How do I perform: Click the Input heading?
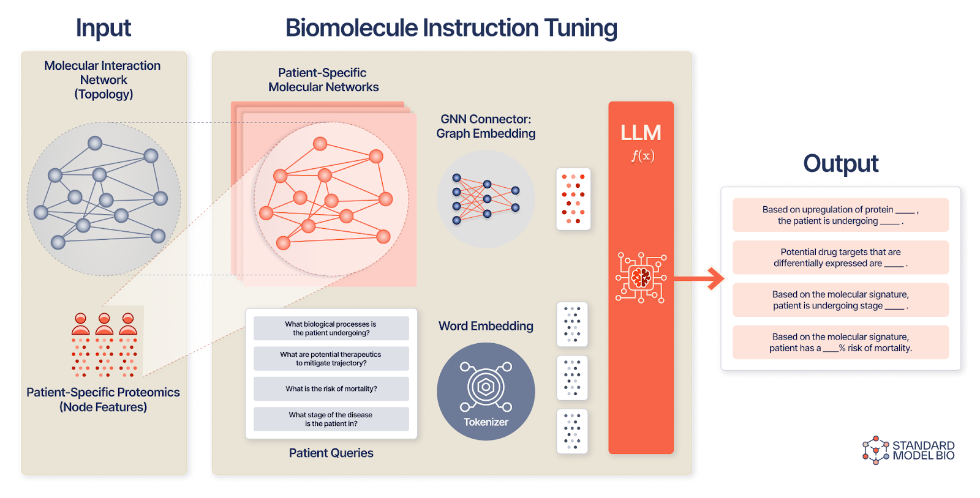(x=103, y=28)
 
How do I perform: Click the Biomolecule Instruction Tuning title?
(x=451, y=28)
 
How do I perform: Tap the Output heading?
(x=840, y=163)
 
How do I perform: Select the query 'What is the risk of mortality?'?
(x=331, y=388)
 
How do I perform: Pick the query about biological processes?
(x=331, y=329)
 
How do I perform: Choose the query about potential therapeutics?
(x=331, y=359)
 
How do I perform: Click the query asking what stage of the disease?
(x=331, y=419)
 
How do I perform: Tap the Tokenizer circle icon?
(x=486, y=391)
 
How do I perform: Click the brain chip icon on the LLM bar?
(x=641, y=277)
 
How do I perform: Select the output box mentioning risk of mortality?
(x=840, y=342)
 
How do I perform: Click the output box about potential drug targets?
(x=840, y=258)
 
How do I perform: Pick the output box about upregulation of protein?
(x=840, y=215)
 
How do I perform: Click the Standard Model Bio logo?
(x=909, y=450)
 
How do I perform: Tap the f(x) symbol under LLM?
(x=643, y=156)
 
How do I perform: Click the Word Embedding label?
(x=486, y=326)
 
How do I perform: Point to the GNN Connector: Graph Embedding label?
(x=486, y=126)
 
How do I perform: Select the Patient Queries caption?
(x=331, y=453)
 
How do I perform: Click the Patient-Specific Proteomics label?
(x=103, y=400)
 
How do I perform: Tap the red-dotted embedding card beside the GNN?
(x=573, y=199)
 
